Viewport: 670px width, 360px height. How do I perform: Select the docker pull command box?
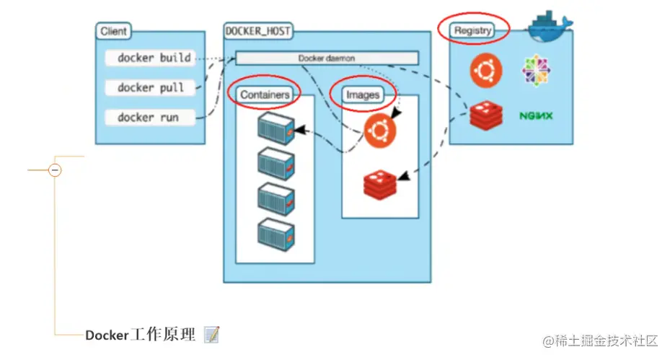pos(150,87)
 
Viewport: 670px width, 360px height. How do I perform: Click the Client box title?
pos(114,32)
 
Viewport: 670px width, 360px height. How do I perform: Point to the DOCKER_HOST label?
pos(257,32)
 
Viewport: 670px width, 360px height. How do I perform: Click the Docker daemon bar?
pos(327,58)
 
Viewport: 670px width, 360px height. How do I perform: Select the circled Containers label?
pos(265,95)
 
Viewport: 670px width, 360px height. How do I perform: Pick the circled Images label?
pos(363,95)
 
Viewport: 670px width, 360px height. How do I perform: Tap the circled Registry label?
pos(473,30)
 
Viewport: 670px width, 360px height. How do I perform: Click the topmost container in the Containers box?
pos(276,128)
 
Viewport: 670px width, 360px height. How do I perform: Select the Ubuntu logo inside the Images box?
pos(380,131)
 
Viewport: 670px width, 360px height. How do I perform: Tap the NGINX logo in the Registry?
pos(536,115)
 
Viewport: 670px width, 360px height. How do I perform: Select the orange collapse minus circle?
pos(55,170)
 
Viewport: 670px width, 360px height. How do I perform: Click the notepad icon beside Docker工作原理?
pos(211,335)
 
